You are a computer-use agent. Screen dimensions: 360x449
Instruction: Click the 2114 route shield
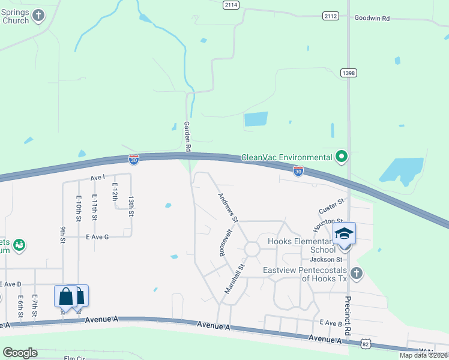231,5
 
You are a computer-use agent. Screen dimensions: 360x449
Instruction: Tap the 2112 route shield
330,16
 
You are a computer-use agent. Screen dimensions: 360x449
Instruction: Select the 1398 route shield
348,73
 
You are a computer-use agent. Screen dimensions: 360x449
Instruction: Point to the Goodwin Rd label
372,19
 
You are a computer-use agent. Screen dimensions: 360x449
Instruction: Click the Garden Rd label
187,136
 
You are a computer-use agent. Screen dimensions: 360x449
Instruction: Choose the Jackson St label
326,259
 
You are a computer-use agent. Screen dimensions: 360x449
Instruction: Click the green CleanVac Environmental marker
342,157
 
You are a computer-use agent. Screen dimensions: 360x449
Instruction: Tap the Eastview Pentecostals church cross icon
357,274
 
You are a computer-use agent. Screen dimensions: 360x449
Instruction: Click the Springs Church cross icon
39,16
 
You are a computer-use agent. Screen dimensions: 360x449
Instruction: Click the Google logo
20,352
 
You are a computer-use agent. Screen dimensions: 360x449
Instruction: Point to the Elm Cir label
76,358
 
